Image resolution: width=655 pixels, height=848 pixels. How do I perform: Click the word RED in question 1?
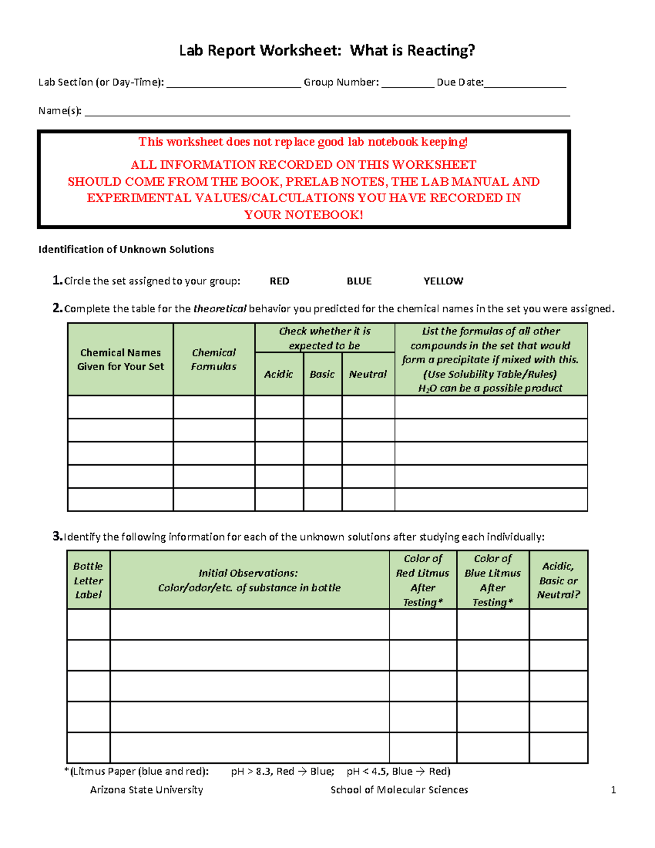(x=279, y=281)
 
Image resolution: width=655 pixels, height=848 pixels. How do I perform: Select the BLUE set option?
(x=359, y=281)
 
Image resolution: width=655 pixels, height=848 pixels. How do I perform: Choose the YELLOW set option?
(x=443, y=281)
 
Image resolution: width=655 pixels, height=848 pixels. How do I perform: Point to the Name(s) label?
(x=59, y=111)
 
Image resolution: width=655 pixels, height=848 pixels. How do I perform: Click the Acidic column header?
(x=278, y=375)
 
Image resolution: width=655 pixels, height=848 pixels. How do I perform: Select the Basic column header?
(x=322, y=375)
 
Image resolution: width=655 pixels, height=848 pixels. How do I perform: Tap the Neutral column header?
(x=367, y=375)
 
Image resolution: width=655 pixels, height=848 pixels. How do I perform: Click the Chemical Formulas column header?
(x=213, y=360)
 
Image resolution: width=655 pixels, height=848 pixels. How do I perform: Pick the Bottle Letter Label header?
(x=88, y=580)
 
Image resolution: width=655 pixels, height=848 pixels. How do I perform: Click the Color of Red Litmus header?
(x=422, y=580)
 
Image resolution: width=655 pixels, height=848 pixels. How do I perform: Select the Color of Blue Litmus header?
(x=492, y=580)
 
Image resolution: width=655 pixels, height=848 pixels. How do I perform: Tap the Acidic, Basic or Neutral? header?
(x=558, y=580)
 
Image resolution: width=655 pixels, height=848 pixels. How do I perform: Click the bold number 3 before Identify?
(x=57, y=536)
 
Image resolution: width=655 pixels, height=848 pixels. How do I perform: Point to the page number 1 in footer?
(x=613, y=790)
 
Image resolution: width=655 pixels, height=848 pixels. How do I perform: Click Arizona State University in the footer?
(x=146, y=790)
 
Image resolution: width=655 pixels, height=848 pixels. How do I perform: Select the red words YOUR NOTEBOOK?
(x=303, y=215)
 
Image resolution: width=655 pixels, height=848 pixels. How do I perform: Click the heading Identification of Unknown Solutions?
(x=126, y=250)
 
